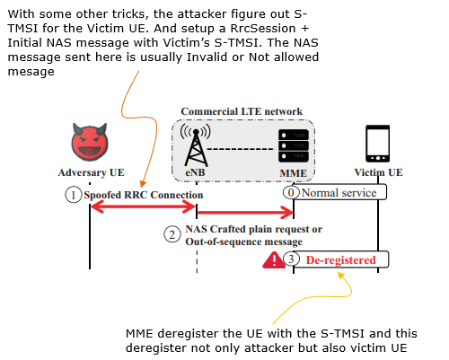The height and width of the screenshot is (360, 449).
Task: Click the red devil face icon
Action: pos(90,142)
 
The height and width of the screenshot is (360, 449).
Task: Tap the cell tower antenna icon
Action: pos(196,145)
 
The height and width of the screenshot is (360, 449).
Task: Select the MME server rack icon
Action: pos(294,145)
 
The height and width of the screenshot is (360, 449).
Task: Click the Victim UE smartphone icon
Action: pos(378,144)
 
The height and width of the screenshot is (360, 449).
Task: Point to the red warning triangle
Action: pos(274,260)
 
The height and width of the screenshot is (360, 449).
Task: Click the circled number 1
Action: pos(73,195)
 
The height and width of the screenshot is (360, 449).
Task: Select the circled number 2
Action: pos(172,234)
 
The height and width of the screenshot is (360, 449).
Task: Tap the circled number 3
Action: pos(291,259)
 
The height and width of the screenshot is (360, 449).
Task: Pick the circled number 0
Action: pos(291,192)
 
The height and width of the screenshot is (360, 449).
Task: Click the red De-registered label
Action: pos(340,259)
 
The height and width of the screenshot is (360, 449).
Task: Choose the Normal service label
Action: pos(339,193)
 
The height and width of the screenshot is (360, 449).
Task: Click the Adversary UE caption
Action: pos(91,172)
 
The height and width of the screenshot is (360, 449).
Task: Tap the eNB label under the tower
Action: pos(195,172)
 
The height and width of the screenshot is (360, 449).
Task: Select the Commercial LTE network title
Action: pos(242,111)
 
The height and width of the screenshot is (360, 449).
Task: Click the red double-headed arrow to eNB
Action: pos(143,206)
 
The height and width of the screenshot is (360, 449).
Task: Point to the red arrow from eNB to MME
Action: pos(245,213)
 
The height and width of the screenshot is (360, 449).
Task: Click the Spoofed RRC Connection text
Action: pos(144,195)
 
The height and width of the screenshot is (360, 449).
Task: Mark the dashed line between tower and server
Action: pos(241,149)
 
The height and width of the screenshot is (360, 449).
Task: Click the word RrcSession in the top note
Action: pos(263,28)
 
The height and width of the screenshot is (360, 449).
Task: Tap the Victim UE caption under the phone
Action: pos(378,172)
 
